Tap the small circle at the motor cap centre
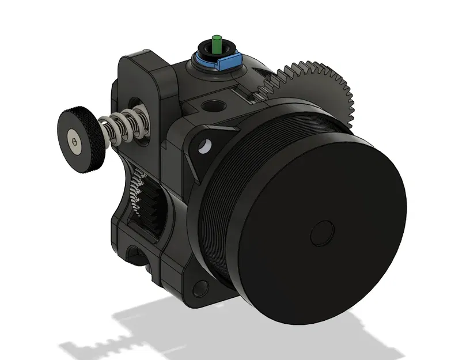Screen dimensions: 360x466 coord(322,233)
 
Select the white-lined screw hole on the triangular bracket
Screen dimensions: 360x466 coord(202,146)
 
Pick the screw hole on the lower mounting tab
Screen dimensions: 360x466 coord(200,286)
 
